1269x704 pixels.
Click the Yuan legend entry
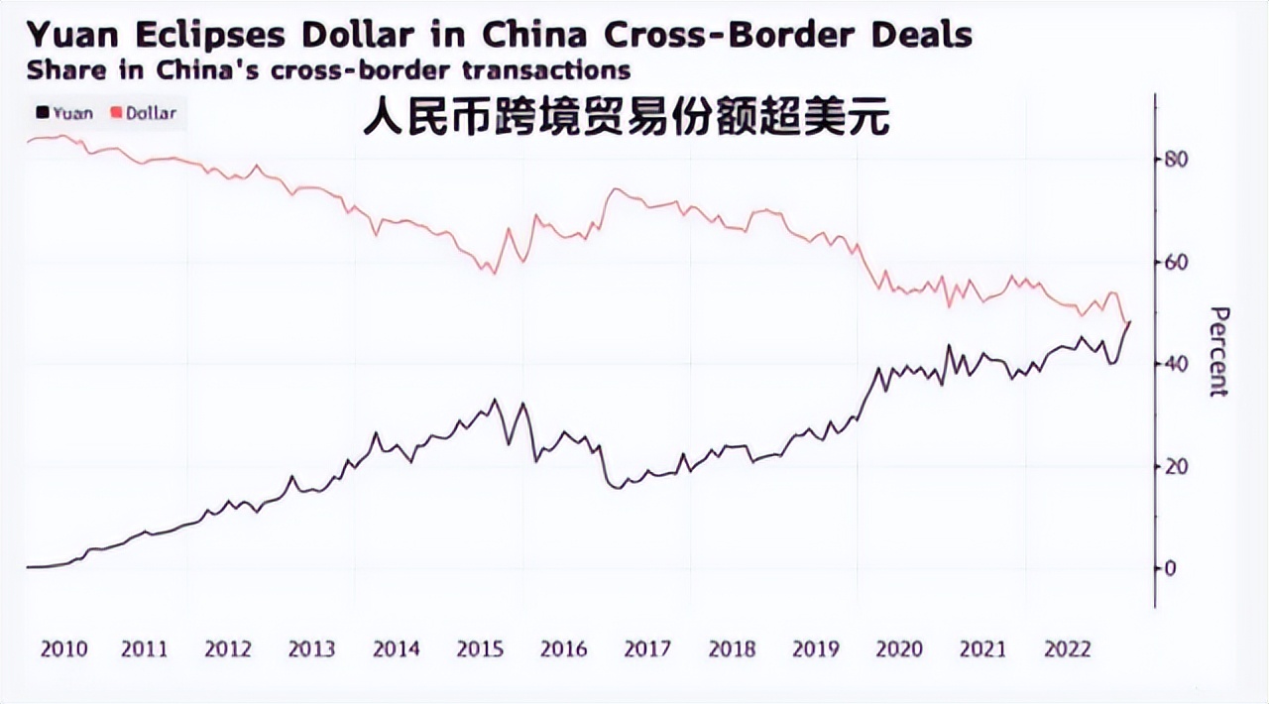pos(65,113)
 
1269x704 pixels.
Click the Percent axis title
pos(1219,352)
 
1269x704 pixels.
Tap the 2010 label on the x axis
pos(63,649)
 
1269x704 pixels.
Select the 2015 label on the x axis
pos(480,649)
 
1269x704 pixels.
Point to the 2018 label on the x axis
pos(732,649)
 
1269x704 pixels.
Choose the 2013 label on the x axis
pos(311,649)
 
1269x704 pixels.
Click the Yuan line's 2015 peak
pos(495,400)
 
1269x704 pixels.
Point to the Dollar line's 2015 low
pos(494,273)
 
